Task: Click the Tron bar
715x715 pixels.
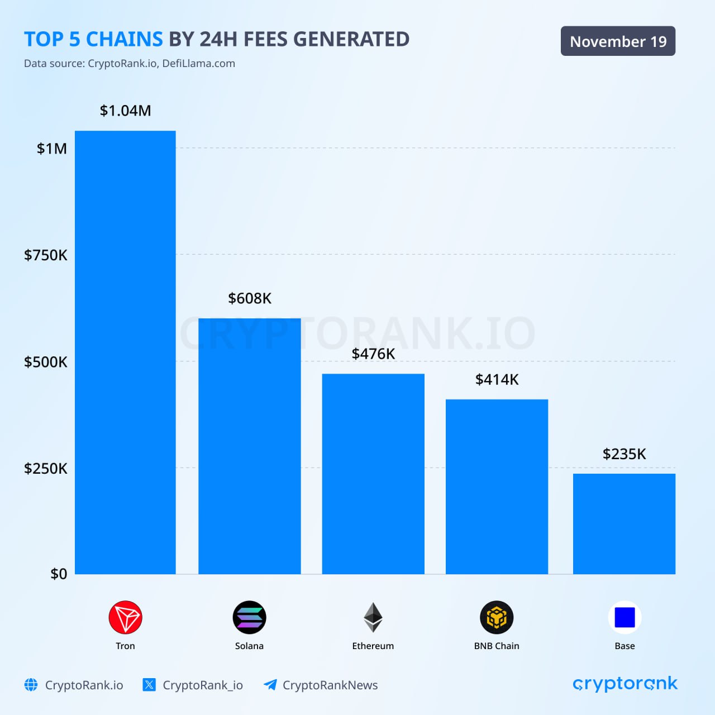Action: coord(125,352)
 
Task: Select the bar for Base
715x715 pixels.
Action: coord(624,523)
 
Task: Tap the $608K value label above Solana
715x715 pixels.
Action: coord(250,298)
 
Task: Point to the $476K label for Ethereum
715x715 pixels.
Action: coord(373,354)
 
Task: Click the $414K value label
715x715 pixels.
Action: coord(497,380)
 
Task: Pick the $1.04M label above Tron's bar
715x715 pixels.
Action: coord(125,111)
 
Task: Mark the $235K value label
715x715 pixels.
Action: coord(624,454)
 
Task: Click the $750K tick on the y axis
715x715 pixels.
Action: coord(45,255)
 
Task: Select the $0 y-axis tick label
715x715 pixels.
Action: coord(59,574)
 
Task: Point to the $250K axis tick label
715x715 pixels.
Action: coord(45,468)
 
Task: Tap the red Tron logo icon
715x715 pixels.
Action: coord(125,617)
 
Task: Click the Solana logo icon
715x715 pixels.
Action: coord(249,617)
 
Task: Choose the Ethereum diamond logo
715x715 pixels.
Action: coord(373,617)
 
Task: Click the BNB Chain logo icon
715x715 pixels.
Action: coord(497,617)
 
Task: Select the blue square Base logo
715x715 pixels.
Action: coord(625,617)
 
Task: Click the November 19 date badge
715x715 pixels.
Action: coord(618,41)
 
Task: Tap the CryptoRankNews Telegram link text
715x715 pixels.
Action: coord(330,685)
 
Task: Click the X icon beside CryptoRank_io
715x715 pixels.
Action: coord(149,685)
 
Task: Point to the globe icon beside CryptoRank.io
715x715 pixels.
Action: coord(31,685)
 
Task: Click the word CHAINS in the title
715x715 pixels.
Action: coord(124,39)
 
